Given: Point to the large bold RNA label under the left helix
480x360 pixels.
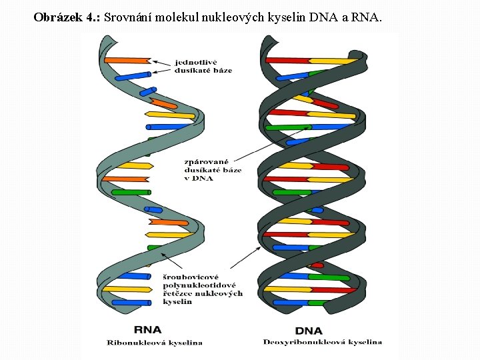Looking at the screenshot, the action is (x=147, y=330).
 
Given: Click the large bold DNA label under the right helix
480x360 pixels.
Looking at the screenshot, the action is (x=309, y=331).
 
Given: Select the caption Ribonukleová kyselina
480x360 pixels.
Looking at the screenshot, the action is (x=155, y=343).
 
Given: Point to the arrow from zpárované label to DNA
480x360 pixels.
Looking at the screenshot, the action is (x=273, y=142).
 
